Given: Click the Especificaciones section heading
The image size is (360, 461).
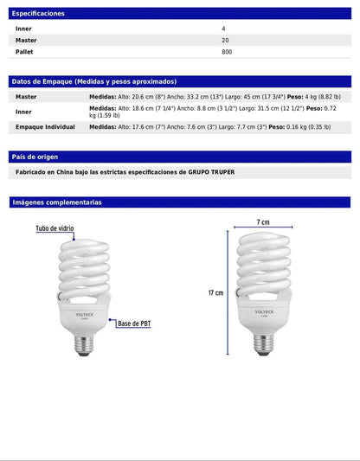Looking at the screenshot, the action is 38,14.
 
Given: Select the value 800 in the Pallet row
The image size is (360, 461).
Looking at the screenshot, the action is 227,52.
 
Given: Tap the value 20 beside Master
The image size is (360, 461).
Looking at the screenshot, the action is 225,40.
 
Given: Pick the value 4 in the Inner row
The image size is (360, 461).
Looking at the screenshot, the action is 223,29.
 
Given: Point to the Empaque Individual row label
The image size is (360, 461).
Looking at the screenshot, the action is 45,127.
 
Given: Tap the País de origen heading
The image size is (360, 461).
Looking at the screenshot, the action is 35,157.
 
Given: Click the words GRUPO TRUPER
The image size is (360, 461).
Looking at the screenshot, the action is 211,172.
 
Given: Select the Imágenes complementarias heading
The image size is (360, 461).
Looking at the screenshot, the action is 57,202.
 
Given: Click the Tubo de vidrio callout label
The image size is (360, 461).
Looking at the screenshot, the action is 55,229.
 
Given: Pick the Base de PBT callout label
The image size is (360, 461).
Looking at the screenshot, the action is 135,323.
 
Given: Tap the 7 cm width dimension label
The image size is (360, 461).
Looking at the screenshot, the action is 263,223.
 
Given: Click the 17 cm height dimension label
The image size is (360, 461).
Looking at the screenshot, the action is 215,293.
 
